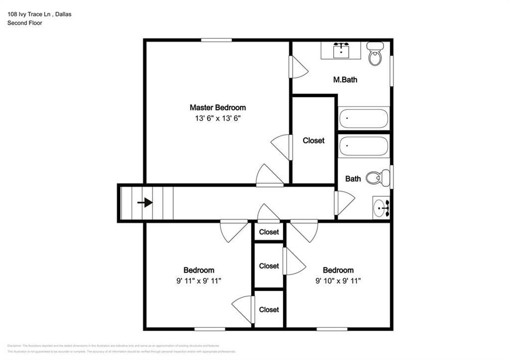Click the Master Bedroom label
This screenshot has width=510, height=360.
click(218, 108)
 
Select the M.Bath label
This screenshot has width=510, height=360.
click(345, 79)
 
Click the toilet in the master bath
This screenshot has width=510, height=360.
click(375, 54)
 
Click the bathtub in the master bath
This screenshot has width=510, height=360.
click(363, 119)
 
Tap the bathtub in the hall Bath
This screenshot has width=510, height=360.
click(363, 146)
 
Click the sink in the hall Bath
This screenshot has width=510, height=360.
click(382, 207)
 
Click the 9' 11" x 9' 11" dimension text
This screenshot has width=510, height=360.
click(199, 281)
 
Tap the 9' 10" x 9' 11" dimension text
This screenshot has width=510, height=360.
click(338, 281)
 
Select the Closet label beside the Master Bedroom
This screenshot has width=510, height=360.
click(313, 140)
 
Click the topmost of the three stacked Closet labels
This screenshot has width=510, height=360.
click(269, 232)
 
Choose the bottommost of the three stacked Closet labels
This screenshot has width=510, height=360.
click(269, 310)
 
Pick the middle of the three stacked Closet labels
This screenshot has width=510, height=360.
click(269, 266)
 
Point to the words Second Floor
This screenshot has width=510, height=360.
click(24, 23)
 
